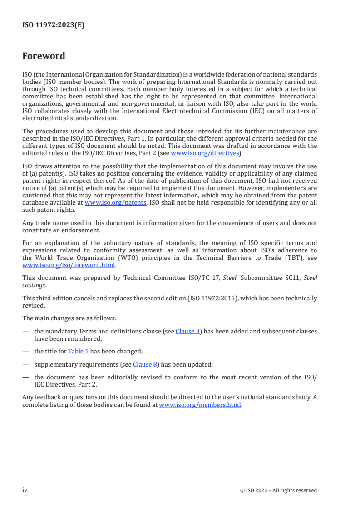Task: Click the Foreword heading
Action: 44,56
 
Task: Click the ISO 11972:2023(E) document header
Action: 53,25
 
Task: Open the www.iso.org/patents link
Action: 115,203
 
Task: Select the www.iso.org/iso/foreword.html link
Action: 69,265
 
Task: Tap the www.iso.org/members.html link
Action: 200,405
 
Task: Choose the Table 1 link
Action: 78,351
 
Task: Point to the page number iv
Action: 25,490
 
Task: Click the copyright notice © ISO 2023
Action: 278,490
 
